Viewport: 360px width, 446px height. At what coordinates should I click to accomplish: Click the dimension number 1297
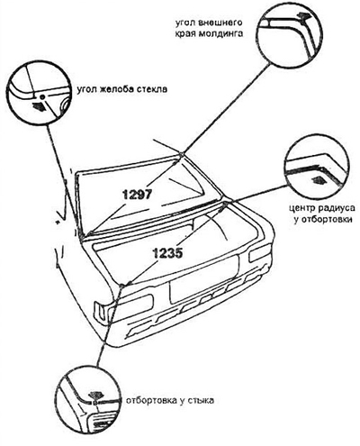138,195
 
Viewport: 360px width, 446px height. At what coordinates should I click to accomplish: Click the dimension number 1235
168,253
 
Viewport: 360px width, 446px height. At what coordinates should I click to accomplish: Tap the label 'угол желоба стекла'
121,90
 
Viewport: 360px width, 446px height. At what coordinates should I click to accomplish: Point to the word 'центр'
302,208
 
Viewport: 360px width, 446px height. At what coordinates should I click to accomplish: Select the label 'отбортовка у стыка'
170,400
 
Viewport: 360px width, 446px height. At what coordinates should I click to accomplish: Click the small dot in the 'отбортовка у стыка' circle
94,403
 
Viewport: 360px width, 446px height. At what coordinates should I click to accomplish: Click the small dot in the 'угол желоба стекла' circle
42,96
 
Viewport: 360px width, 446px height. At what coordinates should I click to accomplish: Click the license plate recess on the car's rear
204,278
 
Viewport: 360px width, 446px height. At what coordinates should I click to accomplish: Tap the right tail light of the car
259,253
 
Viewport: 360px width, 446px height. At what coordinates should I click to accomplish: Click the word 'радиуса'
337,208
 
